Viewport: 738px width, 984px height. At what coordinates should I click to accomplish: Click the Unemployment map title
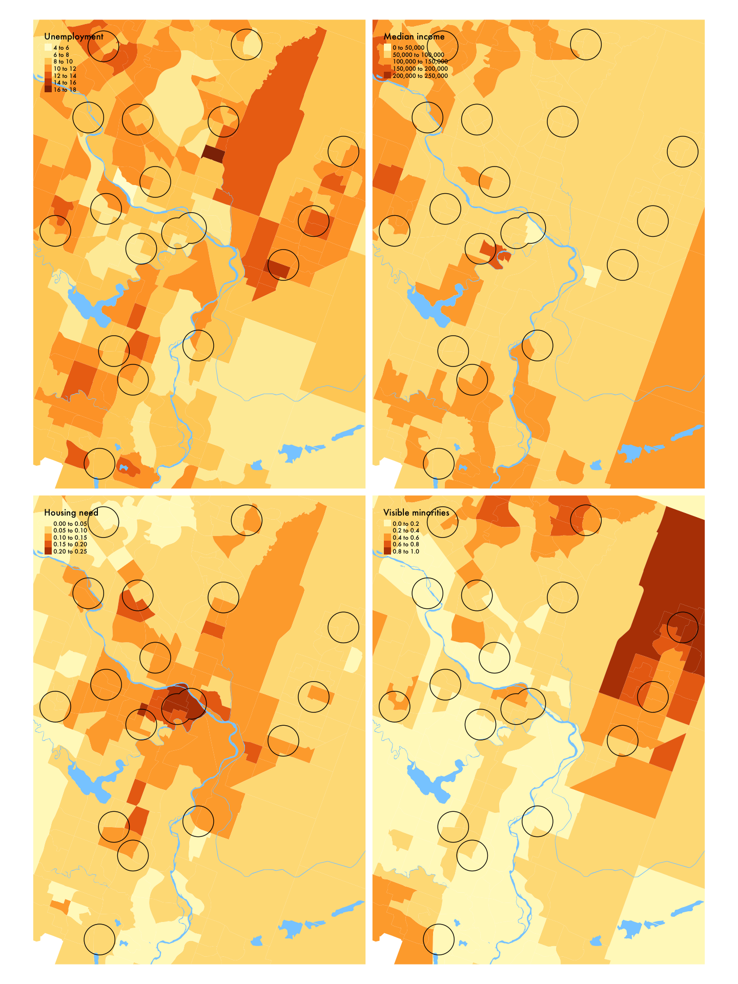click(x=74, y=36)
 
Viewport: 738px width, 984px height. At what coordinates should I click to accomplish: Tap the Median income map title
click(x=414, y=36)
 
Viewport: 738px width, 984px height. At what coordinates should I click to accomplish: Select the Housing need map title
click(x=71, y=512)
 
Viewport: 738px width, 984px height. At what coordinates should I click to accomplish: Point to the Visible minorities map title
click(x=416, y=512)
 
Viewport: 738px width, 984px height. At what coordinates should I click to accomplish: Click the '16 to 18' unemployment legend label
click(x=65, y=90)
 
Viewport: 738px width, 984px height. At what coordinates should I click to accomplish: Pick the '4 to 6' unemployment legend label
click(x=61, y=48)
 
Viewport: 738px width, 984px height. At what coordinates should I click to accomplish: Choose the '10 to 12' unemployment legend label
click(x=65, y=69)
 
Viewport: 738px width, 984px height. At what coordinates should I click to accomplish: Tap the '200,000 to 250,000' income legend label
click(x=420, y=76)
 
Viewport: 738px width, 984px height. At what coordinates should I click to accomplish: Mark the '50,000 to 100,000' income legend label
click(x=418, y=55)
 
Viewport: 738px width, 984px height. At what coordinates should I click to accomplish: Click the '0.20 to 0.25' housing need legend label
click(x=70, y=551)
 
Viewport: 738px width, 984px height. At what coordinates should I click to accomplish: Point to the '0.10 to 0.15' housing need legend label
click(x=70, y=537)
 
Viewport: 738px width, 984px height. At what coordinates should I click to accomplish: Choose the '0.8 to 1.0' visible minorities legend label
click(x=405, y=551)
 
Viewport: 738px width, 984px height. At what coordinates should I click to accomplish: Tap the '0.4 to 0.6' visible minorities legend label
click(x=405, y=537)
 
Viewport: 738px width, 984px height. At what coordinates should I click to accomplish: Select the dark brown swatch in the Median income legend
click(x=387, y=75)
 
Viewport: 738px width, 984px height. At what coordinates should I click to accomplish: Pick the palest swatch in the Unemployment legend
click(x=48, y=48)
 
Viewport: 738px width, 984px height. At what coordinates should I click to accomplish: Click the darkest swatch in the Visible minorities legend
click(x=387, y=551)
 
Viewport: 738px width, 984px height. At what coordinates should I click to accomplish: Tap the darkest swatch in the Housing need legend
click(x=48, y=551)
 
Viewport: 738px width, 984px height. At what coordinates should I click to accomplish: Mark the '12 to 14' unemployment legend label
click(x=65, y=76)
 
